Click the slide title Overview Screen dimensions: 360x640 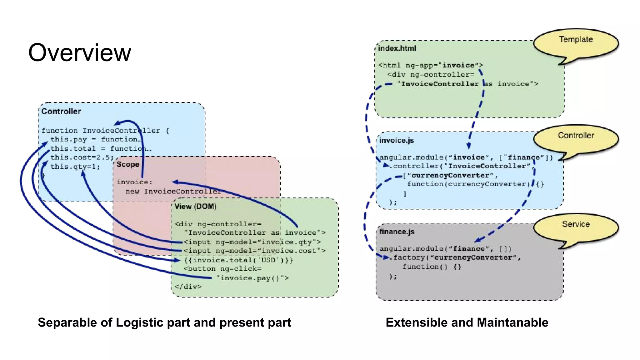coord(80,52)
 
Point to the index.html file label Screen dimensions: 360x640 coord(397,48)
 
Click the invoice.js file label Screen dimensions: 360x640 coord(396,140)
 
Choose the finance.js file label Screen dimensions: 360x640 coord(397,232)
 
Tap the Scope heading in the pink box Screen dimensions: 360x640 coord(127,164)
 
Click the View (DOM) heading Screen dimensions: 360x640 coord(195,207)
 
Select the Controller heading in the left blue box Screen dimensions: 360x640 coord(61,112)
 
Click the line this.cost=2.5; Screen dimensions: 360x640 coord(82,157)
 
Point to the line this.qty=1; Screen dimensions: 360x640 coord(75,167)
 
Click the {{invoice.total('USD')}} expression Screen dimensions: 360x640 coord(238,260)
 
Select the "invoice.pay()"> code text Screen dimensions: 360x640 coord(252,278)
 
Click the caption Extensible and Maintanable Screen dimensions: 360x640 coord(467,322)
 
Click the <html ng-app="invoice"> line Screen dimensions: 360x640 coord(430,65)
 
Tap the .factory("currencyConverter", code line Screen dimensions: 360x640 coord(455,257)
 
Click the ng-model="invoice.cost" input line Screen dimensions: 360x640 coord(254,251)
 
